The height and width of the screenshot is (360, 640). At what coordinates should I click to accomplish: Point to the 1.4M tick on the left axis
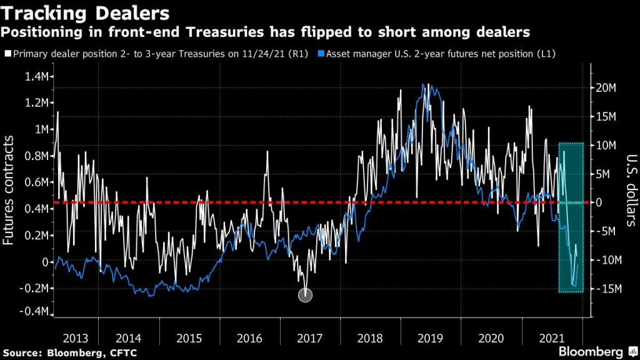point(36,76)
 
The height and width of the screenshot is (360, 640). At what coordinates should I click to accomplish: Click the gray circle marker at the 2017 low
point(305,295)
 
